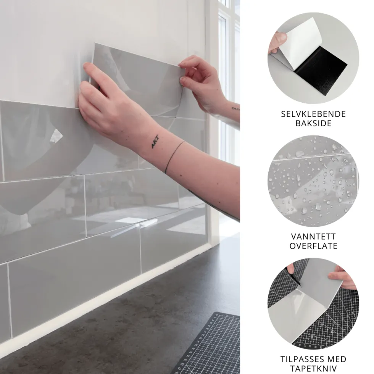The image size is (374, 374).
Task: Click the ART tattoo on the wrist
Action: [x=155, y=142]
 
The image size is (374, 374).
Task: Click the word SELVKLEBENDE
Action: [x=313, y=114]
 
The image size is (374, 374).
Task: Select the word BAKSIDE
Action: [x=313, y=123]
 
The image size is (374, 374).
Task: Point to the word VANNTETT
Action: [x=313, y=237]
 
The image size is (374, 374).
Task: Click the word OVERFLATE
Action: [x=313, y=246]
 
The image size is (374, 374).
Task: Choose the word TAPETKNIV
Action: [x=313, y=368]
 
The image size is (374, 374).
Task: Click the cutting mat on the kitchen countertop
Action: [x=208, y=346]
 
